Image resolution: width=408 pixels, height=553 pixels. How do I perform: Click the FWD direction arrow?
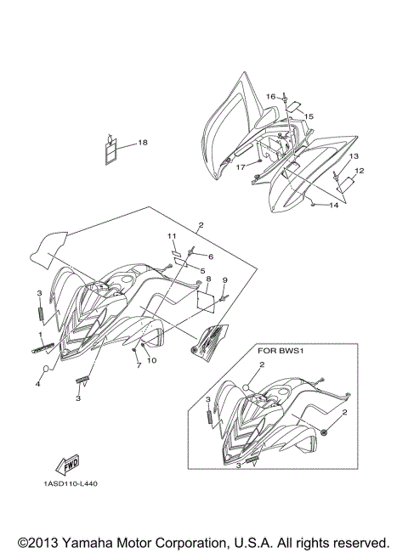pos(67,465)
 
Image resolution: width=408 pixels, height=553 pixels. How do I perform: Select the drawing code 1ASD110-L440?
pos(71,483)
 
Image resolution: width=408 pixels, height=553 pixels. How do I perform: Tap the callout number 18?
pos(143,143)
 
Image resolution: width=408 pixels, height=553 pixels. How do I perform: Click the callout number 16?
pos(270,96)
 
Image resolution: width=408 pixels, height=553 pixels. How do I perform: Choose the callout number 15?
pos(309,116)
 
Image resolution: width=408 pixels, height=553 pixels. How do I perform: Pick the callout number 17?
pos(241,166)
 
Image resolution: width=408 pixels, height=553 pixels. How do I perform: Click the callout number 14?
pos(333,205)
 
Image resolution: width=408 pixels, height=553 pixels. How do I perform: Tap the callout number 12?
pos(360,171)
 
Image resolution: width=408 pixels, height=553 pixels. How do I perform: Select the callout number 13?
pos(354,156)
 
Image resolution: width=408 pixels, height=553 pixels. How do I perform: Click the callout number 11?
pos(172,235)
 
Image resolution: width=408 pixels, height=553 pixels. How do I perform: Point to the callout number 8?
pos(208,279)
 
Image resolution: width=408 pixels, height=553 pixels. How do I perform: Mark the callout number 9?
pos(224,280)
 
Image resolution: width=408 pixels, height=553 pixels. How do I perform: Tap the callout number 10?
pos(152,360)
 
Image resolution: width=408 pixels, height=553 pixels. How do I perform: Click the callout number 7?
pos(139,365)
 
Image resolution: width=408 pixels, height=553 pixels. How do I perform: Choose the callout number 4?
pos(37,384)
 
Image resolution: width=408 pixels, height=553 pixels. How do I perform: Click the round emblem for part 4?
pos(46,369)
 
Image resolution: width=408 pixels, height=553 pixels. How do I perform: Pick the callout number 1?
pos(40,334)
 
